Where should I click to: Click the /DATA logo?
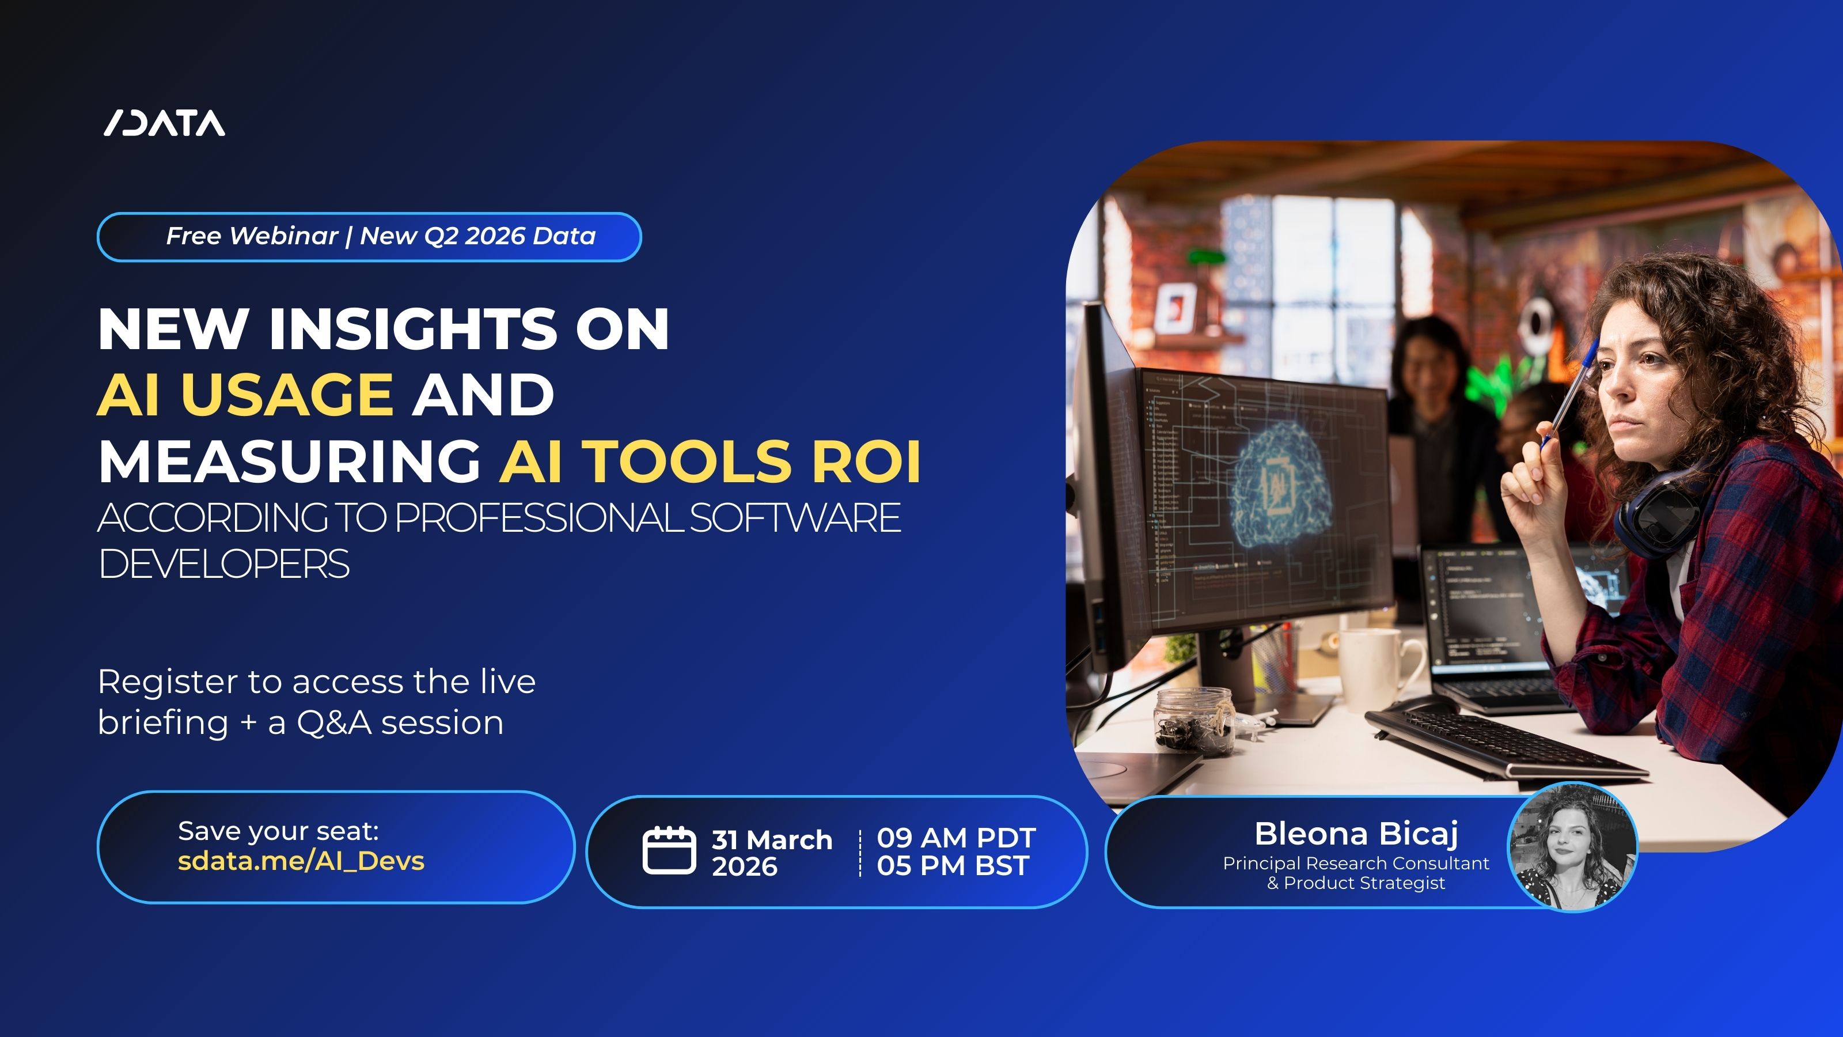165,124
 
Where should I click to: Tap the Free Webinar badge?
369,237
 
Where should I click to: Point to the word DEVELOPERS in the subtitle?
224,564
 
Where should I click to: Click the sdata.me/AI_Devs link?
301,861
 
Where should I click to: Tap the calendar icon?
668,850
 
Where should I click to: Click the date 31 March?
771,839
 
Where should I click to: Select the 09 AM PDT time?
956,837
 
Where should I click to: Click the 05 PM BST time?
952,866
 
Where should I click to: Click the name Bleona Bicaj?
1356,834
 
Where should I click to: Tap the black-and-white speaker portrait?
1571,848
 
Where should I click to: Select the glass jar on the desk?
1194,719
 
